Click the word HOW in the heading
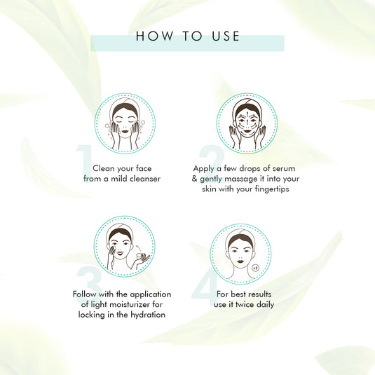(x=150, y=36)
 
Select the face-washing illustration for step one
(x=125, y=124)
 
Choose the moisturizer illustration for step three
(x=125, y=246)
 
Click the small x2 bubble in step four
(x=256, y=267)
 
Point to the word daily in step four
(x=265, y=305)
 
